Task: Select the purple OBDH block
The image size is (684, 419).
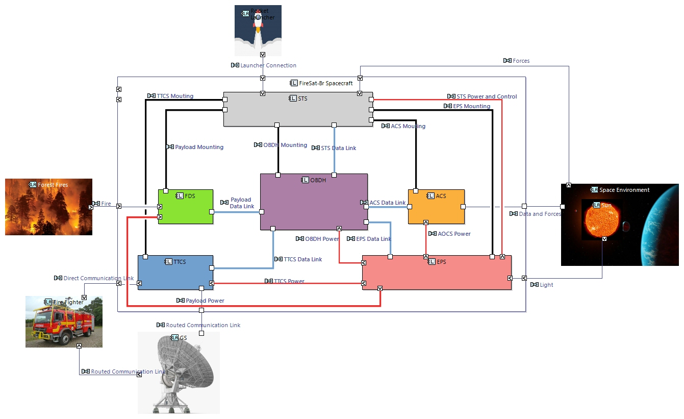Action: point(313,204)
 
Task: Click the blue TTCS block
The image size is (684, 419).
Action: point(175,276)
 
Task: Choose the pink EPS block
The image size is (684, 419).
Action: point(437,276)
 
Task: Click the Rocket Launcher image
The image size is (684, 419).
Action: point(258,31)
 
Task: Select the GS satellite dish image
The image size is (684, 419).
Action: point(179,373)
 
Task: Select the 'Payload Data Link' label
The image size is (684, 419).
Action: point(241,203)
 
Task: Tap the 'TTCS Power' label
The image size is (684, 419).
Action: point(289,281)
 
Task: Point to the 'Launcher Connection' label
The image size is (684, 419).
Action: point(268,65)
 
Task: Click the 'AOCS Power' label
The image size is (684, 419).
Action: point(454,234)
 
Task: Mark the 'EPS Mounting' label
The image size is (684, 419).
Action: point(471,106)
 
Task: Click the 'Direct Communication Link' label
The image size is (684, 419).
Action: point(98,278)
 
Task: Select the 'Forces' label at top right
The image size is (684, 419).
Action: point(521,61)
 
